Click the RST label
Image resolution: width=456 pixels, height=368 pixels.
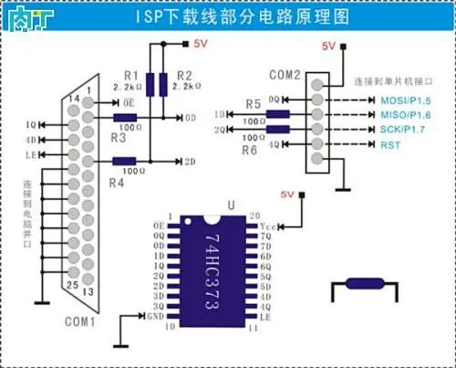click(364, 145)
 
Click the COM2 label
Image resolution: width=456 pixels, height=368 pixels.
click(285, 74)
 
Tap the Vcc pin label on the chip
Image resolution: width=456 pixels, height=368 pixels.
click(266, 225)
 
